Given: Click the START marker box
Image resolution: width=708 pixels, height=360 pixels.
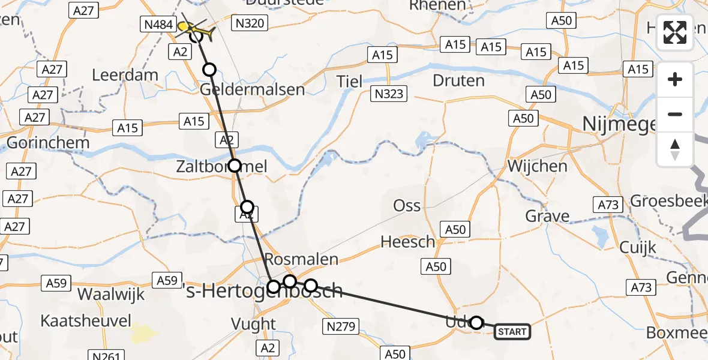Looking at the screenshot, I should [x=512, y=332].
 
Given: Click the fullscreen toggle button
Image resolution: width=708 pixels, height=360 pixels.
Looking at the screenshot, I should [x=675, y=32].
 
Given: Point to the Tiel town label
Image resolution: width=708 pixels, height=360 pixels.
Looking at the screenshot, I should [x=349, y=81].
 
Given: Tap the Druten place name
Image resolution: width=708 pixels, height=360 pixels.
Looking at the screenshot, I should [x=458, y=80].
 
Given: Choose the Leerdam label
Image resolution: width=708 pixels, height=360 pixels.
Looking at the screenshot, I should [x=125, y=76].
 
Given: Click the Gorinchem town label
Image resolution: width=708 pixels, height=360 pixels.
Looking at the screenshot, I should [x=48, y=143].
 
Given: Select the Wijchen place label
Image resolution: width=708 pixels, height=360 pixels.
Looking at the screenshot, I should [x=537, y=166].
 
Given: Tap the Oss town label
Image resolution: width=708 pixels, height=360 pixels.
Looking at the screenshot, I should [x=407, y=205].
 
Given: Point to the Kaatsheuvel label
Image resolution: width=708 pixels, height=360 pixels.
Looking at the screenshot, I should [x=86, y=321].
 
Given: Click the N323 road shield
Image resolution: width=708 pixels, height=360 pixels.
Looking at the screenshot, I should [x=389, y=94].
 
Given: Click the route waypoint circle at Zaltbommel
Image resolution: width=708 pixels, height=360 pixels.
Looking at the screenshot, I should [x=234, y=165].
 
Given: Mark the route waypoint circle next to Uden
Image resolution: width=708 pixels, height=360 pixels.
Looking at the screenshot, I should [x=476, y=323].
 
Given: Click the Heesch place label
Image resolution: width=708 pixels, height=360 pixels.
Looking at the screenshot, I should [x=408, y=242].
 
